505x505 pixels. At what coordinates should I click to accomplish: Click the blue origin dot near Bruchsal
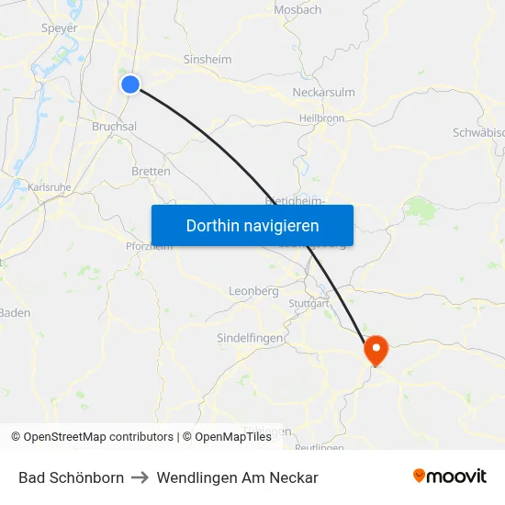[x=130, y=84]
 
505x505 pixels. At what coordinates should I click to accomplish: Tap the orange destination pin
[x=376, y=349]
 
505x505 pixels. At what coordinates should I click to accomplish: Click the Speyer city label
[x=60, y=28]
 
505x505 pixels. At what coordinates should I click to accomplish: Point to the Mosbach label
[x=297, y=10]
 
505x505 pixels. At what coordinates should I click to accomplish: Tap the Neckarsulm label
[x=323, y=93]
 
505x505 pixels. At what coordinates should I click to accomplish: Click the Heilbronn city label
[x=321, y=118]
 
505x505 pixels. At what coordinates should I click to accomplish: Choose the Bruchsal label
[x=114, y=127]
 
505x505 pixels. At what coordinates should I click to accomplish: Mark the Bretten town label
[x=151, y=172]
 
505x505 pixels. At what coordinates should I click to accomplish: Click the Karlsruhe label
[x=50, y=187]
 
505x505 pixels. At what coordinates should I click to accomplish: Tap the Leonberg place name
[x=252, y=291]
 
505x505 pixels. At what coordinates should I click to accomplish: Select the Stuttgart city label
[x=308, y=303]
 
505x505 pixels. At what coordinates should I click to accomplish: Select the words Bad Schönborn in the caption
[x=71, y=477]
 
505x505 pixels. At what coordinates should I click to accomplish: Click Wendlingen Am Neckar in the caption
[x=237, y=477]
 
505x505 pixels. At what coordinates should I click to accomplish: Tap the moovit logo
[x=450, y=476]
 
